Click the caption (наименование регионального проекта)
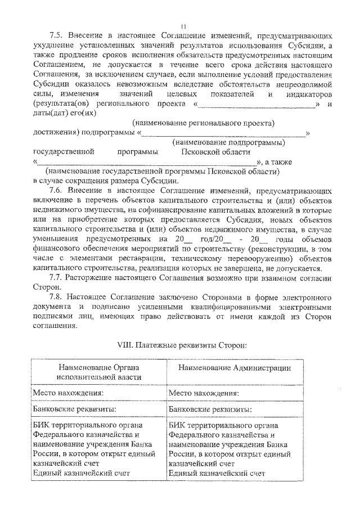[x=203, y=123]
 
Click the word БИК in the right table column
[x=176, y=425]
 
